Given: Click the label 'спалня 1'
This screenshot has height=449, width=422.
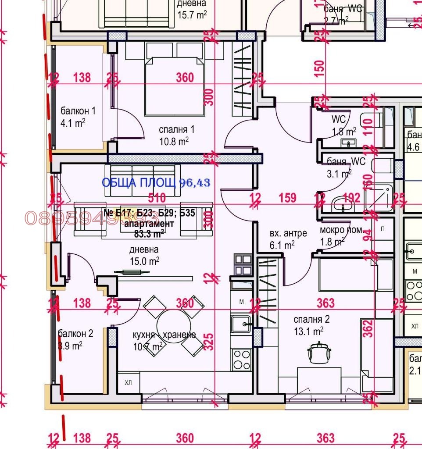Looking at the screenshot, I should (x=176, y=130).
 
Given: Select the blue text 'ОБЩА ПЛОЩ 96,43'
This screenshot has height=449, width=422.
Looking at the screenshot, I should (x=156, y=183).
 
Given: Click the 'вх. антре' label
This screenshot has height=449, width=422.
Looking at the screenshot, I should (x=288, y=233).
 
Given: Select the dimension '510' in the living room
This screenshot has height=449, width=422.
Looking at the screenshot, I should (x=157, y=197).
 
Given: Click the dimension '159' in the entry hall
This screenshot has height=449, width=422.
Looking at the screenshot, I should (x=288, y=198).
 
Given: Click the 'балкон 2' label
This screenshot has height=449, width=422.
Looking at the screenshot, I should (x=75, y=334).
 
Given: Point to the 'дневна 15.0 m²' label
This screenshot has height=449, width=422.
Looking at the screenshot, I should (x=144, y=255).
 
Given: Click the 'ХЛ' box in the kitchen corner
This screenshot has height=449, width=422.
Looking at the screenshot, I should (x=129, y=382).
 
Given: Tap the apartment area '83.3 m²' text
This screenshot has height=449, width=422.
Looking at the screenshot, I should (x=150, y=234).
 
